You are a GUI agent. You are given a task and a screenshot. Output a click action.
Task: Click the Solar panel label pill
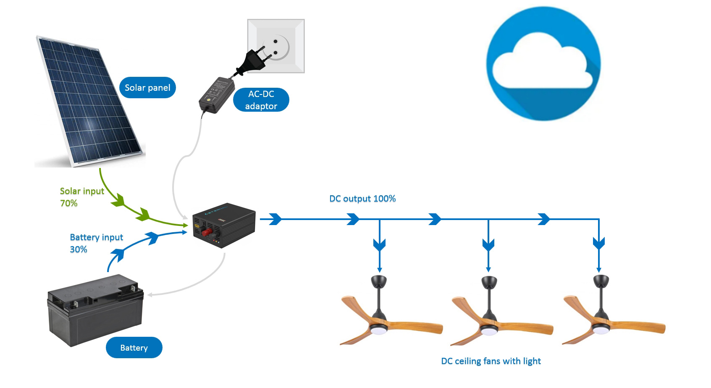pyautogui.click(x=147, y=88)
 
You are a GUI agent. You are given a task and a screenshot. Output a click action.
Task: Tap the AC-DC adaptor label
pyautogui.click(x=261, y=100)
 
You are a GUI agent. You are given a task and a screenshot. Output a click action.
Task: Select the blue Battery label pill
pyautogui.click(x=134, y=348)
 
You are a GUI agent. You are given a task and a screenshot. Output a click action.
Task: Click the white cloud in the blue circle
pyautogui.click(x=542, y=63)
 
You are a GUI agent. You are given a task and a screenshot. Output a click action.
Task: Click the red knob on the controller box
pyautogui.click(x=207, y=232)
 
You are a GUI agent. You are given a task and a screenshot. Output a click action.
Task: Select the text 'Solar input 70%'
pyautogui.click(x=82, y=197)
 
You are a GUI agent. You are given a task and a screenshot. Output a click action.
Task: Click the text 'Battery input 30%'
pyautogui.click(x=96, y=243)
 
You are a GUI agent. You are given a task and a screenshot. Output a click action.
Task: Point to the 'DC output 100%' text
pyautogui.click(x=362, y=199)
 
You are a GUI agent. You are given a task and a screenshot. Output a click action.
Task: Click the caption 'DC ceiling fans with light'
pyautogui.click(x=491, y=361)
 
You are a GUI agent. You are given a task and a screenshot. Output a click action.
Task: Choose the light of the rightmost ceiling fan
pyautogui.click(x=600, y=330)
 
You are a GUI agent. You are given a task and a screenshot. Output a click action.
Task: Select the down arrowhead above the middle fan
pyautogui.click(x=488, y=244)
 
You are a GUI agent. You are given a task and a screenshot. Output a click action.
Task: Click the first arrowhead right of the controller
pyautogui.click(x=275, y=219)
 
